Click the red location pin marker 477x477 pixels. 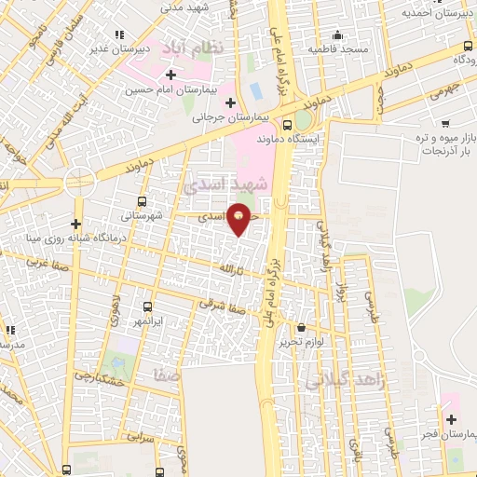(x=239, y=218)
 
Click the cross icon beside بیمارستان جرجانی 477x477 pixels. (x=230, y=102)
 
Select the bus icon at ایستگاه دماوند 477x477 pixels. (x=286, y=123)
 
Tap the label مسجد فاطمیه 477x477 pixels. (x=339, y=48)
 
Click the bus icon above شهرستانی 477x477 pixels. (x=142, y=200)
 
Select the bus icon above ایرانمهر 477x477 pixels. (x=147, y=306)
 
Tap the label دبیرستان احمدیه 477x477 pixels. (x=433, y=12)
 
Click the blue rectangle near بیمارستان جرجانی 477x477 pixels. (x=254, y=93)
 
